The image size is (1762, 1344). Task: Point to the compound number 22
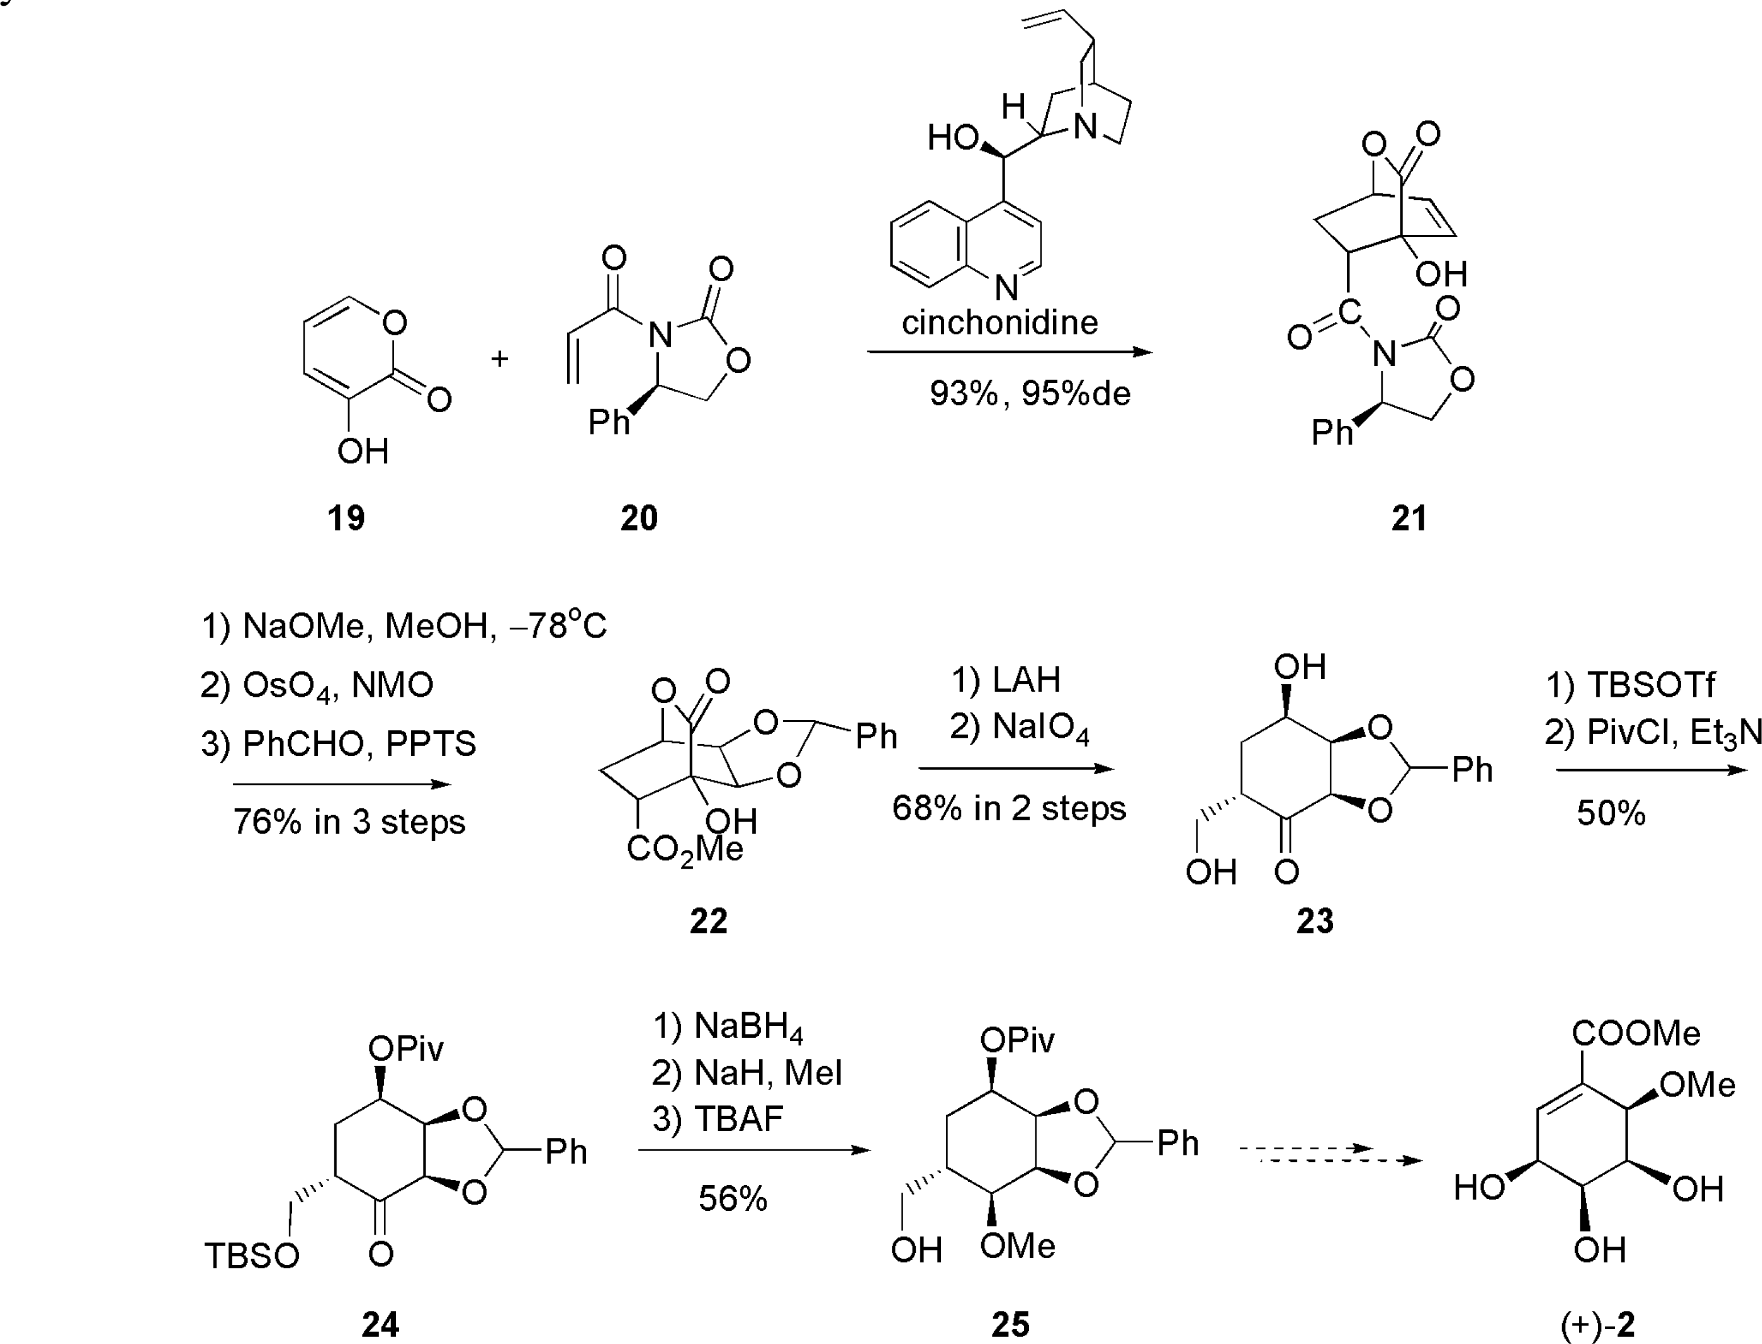[x=708, y=921]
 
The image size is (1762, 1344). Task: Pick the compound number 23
[x=1315, y=921]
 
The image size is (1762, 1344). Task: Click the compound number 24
[x=380, y=1325]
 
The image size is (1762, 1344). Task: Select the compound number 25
[x=1010, y=1325]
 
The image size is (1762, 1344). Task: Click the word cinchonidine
[x=999, y=322]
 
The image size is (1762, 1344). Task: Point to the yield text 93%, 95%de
[x=1030, y=393]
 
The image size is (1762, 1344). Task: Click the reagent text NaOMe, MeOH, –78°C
[x=404, y=625]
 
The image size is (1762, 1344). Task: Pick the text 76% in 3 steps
[x=349, y=821]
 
